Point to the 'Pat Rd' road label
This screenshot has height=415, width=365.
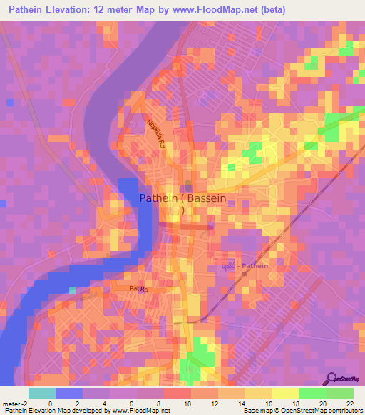(x=139, y=289)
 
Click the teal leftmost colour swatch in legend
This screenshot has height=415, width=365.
(x=41, y=393)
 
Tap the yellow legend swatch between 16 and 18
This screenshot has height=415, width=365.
(x=285, y=393)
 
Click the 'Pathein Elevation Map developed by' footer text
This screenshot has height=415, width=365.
(x=57, y=411)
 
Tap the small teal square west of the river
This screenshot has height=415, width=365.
(x=72, y=289)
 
